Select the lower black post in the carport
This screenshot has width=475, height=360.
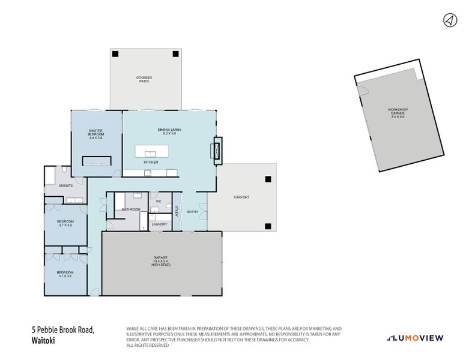[x=268, y=226]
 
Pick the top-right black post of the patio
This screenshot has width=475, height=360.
[x=175, y=54]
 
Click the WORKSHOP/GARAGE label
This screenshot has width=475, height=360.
[x=398, y=113]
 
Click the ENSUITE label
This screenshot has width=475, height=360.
[x=66, y=186]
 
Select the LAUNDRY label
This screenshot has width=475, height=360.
[x=159, y=224]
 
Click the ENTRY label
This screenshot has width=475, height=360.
[x=192, y=212]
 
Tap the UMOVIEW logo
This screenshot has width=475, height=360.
[x=415, y=338]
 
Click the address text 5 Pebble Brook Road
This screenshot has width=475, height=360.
[x=63, y=329]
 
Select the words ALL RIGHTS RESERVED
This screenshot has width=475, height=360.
[x=148, y=345]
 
